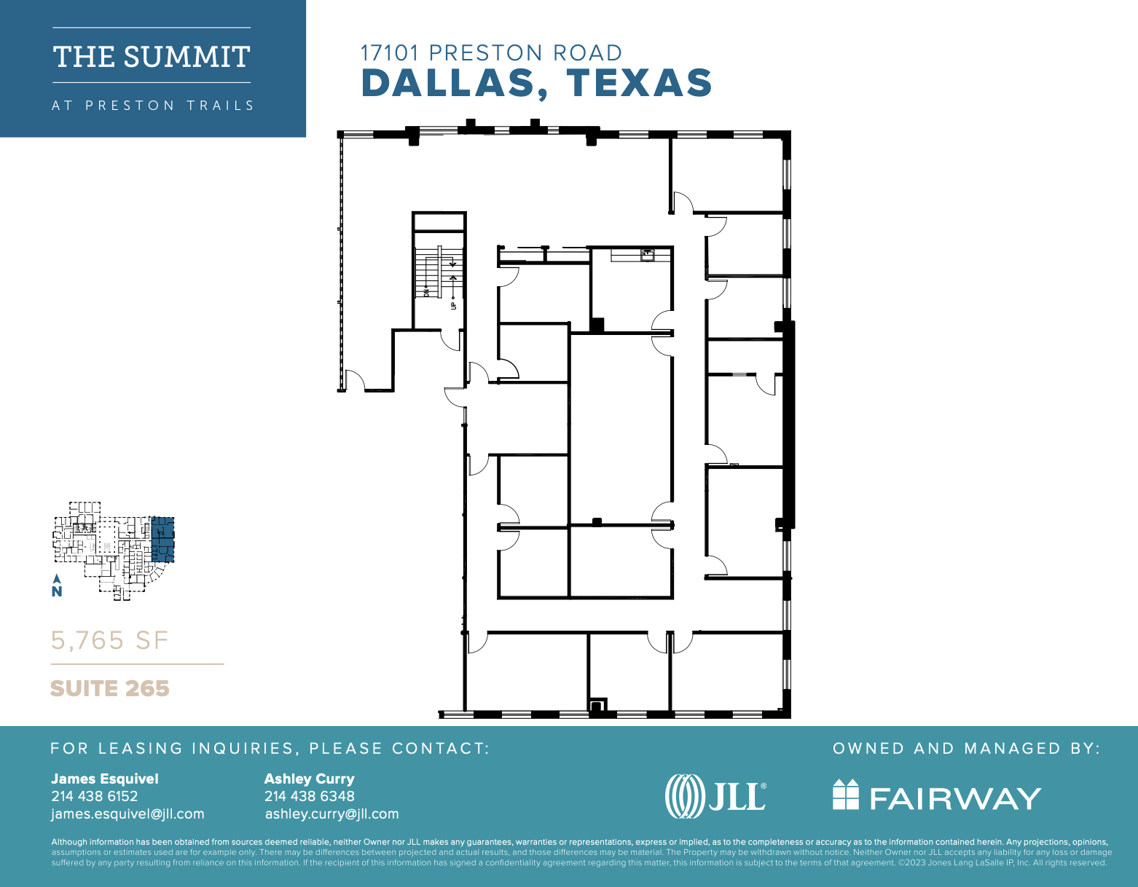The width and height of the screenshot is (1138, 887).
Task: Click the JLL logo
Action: (x=715, y=796)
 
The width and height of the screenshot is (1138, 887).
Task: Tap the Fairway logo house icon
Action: (x=846, y=795)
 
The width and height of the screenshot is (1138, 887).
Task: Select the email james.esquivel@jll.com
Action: (x=127, y=813)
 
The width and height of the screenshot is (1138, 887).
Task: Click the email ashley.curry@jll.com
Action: (x=331, y=813)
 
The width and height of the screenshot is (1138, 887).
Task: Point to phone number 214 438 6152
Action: (x=94, y=796)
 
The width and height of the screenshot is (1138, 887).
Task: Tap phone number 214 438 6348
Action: (x=309, y=796)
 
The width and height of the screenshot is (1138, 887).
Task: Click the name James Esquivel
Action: (x=104, y=778)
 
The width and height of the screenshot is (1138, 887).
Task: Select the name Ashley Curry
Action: (x=309, y=778)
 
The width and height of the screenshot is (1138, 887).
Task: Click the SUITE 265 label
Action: (x=109, y=688)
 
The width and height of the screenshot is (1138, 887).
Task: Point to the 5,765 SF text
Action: (x=109, y=640)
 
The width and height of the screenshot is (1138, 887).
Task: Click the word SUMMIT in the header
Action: (x=187, y=57)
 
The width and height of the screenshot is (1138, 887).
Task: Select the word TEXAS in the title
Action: (x=639, y=82)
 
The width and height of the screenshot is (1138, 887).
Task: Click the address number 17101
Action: (x=390, y=52)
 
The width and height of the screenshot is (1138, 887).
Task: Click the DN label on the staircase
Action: (x=427, y=292)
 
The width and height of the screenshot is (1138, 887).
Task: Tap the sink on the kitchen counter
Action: (x=647, y=254)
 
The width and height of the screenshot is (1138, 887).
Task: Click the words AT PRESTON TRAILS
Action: (x=152, y=106)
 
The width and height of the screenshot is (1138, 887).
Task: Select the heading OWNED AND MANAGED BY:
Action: (x=966, y=748)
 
